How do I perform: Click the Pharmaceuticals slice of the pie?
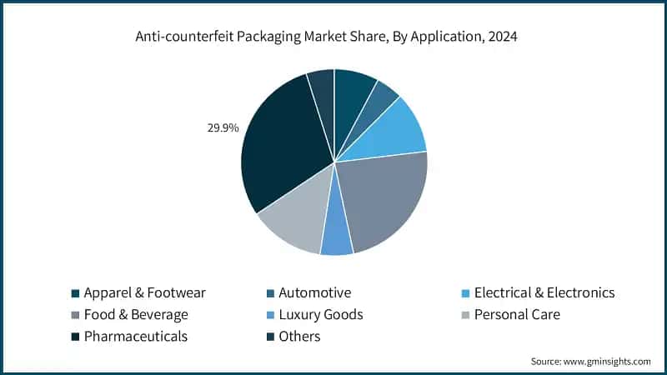pos(279,150)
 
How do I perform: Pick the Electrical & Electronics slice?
pos(392,129)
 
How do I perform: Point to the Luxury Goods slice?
pos(336,237)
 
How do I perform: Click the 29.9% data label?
pos(223,128)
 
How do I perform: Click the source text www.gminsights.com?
pos(607,361)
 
